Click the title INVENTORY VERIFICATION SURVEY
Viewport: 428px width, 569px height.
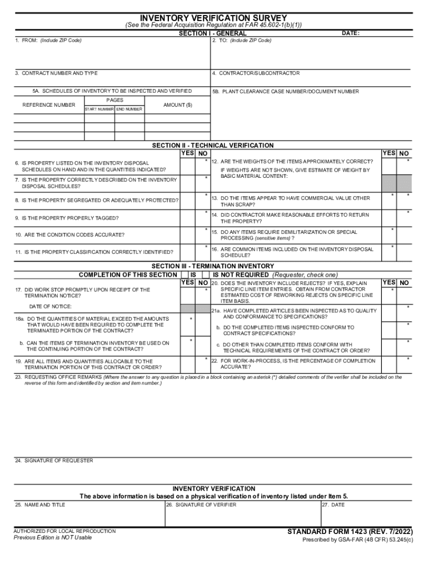pyautogui.click(x=213, y=18)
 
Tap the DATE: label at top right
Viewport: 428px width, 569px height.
pyautogui.click(x=350, y=33)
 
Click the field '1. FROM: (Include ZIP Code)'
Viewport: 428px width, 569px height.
pyautogui.click(x=48, y=41)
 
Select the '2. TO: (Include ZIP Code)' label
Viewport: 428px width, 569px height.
pyautogui.click(x=242, y=41)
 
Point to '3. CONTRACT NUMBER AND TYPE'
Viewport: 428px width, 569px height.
pyautogui.click(x=56, y=73)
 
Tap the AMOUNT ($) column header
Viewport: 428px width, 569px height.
pyautogui.click(x=178, y=104)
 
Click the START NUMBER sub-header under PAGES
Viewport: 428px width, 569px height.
pyautogui.click(x=99, y=109)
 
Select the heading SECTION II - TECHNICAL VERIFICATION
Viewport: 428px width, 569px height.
pyautogui.click(x=213, y=146)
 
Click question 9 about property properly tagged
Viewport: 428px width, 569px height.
pyautogui.click(x=67, y=218)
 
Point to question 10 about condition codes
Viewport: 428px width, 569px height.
pyautogui.click(x=70, y=235)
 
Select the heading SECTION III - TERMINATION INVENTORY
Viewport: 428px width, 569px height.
pyautogui.click(x=213, y=266)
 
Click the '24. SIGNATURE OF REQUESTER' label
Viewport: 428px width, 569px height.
pyautogui.click(x=54, y=461)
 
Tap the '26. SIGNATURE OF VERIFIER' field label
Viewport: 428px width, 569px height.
pyautogui.click(x=201, y=505)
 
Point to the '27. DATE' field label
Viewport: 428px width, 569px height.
pyautogui.click(x=334, y=505)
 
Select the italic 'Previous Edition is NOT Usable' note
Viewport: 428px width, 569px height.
pyautogui.click(x=53, y=538)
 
